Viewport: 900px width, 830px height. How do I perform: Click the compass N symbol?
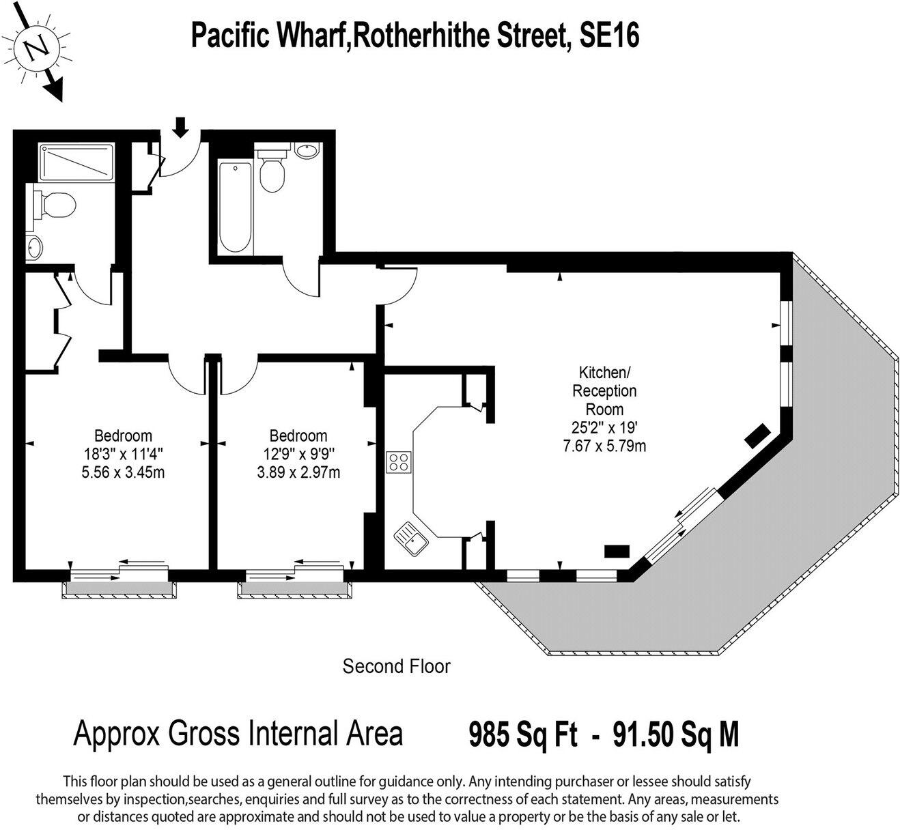click(x=36, y=47)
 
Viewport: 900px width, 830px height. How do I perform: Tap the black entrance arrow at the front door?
click(x=180, y=126)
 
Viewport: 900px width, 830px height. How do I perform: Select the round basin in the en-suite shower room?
click(x=34, y=248)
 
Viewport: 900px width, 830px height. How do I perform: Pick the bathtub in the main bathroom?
click(x=235, y=205)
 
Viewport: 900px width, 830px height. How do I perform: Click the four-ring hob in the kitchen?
click(x=398, y=462)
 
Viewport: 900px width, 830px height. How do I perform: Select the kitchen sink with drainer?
click(x=410, y=536)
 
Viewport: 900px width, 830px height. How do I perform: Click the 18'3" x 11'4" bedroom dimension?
click(x=123, y=453)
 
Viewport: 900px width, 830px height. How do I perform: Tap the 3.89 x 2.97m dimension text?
click(x=298, y=472)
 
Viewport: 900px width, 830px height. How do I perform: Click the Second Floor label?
click(x=396, y=666)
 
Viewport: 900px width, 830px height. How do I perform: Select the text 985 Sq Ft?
click(x=522, y=735)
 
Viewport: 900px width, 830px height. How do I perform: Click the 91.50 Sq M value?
click(x=676, y=735)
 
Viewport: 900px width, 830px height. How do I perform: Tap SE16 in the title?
click(x=609, y=35)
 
